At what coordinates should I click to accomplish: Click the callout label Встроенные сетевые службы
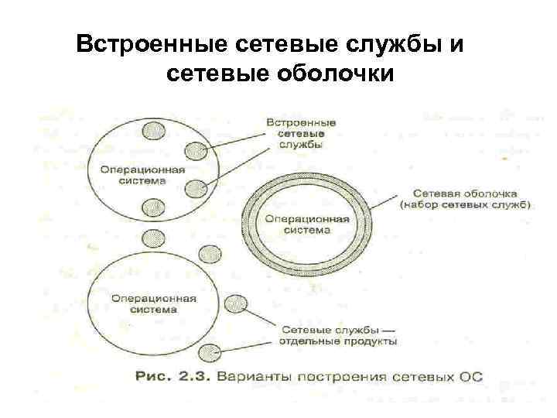tap(300, 133)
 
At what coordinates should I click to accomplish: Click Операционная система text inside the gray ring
tap(307, 224)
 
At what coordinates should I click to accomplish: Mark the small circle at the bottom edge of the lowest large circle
tap(208, 353)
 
